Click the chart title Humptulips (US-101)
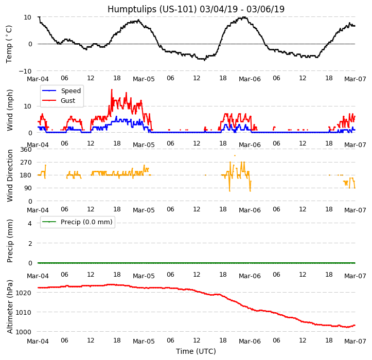pyautogui.click(x=196, y=9)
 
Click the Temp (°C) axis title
pyautogui.click(x=9, y=44)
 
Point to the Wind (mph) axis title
pyautogui.click(x=10, y=110)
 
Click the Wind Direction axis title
pyautogui.click(x=10, y=175)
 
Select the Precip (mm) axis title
pyautogui.click(x=10, y=241)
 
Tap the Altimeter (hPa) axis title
pyautogui.click(x=10, y=307)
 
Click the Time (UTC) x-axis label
pyautogui.click(x=196, y=351)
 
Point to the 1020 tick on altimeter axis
pyautogui.click(x=26, y=293)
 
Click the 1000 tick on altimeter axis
pyautogui.click(x=26, y=332)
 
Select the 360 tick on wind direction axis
pyautogui.click(x=26, y=150)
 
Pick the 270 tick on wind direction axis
pyautogui.click(x=26, y=163)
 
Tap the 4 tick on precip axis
pyautogui.click(x=29, y=223)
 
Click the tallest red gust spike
pyautogui.click(x=112, y=90)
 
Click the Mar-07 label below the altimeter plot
pyautogui.click(x=355, y=341)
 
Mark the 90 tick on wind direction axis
pyautogui.click(x=28, y=189)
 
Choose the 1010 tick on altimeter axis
pyautogui.click(x=26, y=312)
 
